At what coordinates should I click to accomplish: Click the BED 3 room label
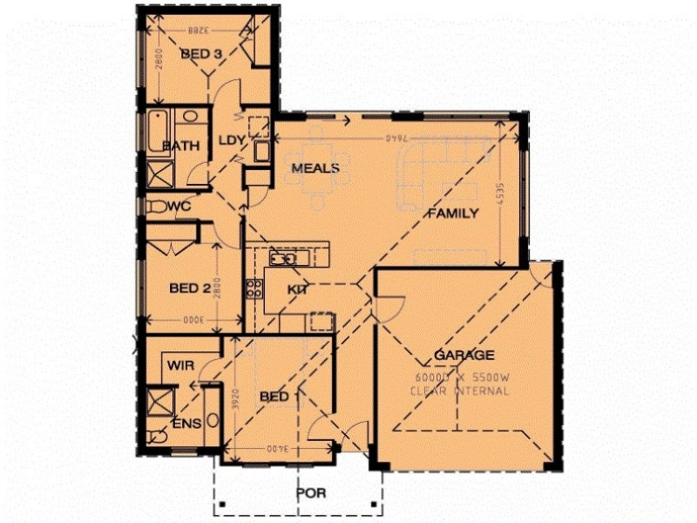[201, 54]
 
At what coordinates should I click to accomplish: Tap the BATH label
[181, 146]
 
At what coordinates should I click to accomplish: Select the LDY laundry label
[231, 140]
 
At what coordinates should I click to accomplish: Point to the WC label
[179, 207]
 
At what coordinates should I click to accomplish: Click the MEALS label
[315, 167]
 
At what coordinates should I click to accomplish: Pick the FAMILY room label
[451, 213]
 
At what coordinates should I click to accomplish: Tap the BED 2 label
[191, 289]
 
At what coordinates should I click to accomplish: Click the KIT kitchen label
[299, 289]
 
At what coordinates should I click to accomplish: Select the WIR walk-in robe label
[180, 365]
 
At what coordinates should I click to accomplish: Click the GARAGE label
[464, 355]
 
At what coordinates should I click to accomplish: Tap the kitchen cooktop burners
[254, 289]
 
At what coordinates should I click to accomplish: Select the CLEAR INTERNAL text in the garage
[460, 391]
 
